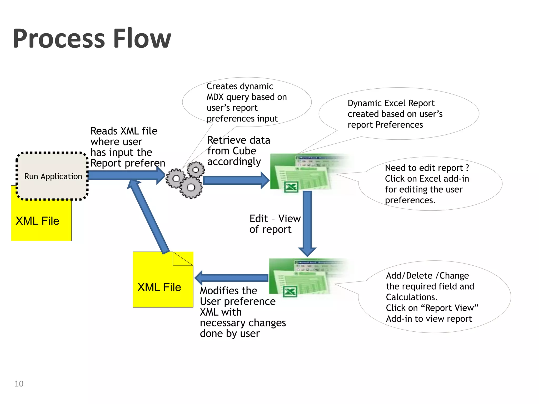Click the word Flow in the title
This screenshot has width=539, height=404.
pos(142,39)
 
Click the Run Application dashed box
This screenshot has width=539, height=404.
pos(53,176)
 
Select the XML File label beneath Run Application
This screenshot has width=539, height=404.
pos(37,221)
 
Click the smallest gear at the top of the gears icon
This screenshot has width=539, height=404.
pos(196,170)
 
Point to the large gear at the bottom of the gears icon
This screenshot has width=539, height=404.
pos(191,188)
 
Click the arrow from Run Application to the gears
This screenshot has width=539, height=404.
pos(124,175)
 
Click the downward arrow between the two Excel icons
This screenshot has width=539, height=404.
pos(307,221)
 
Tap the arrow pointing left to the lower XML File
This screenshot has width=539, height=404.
pos(232,278)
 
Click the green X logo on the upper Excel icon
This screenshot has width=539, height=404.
pos(291,187)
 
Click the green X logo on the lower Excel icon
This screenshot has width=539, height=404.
pos(290,291)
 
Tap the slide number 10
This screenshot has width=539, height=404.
pos(19,384)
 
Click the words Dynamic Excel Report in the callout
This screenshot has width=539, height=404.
pos(391,103)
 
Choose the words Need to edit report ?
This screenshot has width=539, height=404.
pos(427,168)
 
